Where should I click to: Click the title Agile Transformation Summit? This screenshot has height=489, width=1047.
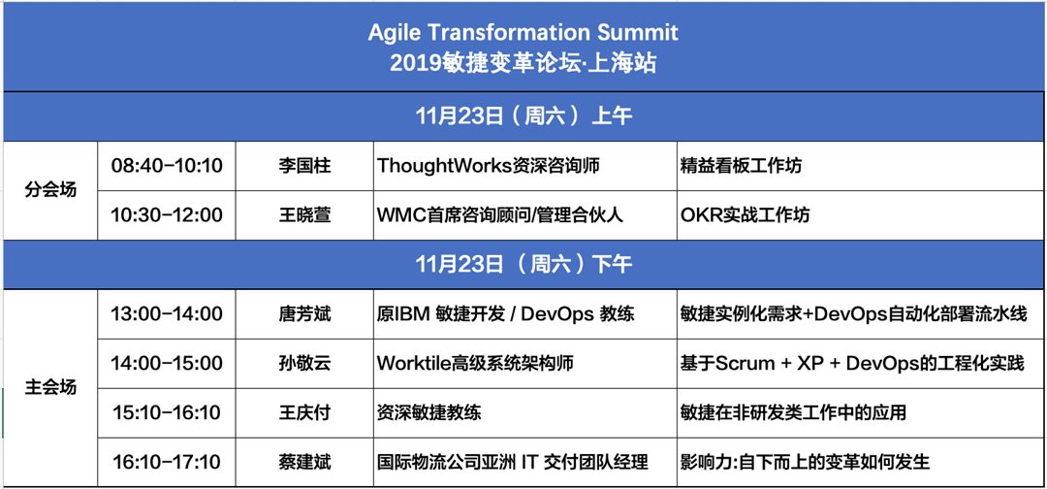(x=523, y=32)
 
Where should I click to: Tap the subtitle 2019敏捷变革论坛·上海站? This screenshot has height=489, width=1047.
(x=523, y=63)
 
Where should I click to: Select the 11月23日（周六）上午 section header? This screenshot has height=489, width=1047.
(x=523, y=116)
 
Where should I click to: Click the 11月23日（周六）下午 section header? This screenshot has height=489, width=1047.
(x=523, y=264)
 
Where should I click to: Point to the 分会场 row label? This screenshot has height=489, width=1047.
(x=50, y=190)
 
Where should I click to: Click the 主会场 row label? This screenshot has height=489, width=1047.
(x=50, y=387)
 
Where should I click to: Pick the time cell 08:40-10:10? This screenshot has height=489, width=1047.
(x=167, y=165)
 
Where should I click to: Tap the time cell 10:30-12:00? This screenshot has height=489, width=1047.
(x=167, y=215)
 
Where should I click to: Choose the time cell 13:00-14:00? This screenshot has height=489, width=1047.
(x=167, y=313)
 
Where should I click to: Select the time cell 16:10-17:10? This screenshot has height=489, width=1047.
(x=167, y=461)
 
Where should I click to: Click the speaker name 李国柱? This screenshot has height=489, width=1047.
(x=304, y=166)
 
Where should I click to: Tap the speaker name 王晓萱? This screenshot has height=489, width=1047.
(x=304, y=215)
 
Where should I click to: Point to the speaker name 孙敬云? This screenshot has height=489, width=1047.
(x=304, y=364)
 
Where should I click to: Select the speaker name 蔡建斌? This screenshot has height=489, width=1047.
(x=304, y=462)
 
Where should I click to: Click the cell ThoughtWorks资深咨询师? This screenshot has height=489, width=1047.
(x=488, y=166)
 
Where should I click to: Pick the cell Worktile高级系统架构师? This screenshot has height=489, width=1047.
(x=475, y=364)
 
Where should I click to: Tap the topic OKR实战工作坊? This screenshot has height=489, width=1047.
(x=746, y=215)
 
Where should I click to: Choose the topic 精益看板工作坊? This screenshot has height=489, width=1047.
(x=741, y=166)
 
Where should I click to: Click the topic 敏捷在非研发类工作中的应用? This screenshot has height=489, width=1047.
(x=793, y=412)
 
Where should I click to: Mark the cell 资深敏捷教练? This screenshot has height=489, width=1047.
(x=429, y=412)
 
